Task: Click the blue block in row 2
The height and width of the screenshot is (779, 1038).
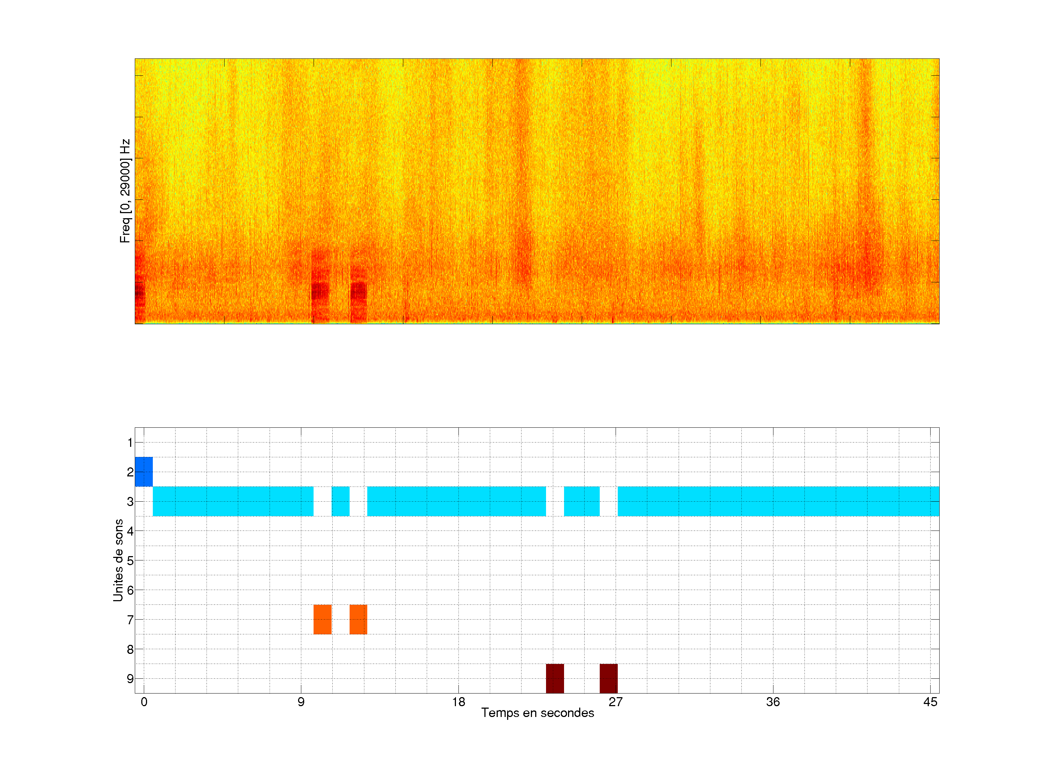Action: tap(143, 471)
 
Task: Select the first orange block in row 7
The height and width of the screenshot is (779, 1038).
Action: tap(322, 619)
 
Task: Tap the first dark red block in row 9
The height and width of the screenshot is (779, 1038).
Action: tap(555, 678)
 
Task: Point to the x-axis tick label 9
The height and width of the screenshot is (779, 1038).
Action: tap(301, 702)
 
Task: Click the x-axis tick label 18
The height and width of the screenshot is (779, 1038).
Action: tap(458, 702)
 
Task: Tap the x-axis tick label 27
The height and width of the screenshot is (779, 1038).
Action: tap(616, 702)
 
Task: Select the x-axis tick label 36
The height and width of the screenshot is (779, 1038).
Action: tap(773, 702)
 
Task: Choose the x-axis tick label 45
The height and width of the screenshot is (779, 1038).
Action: tap(930, 702)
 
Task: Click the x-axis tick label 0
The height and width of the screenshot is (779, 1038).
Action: tap(144, 702)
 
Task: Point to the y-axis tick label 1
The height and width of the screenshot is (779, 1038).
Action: tap(130, 442)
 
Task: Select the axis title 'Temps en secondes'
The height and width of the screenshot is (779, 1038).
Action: tap(537, 713)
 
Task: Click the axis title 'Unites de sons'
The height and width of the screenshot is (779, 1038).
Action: tap(118, 560)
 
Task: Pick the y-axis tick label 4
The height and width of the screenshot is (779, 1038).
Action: tap(130, 531)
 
